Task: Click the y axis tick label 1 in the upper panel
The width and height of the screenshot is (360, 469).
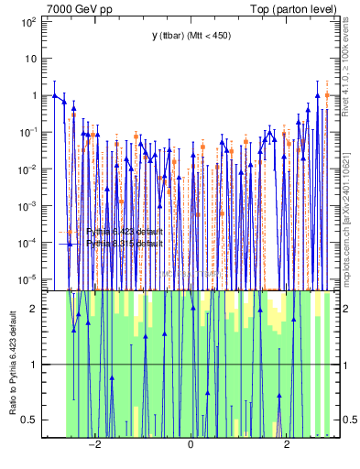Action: (x=33, y=95)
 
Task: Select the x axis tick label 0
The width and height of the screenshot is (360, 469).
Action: (x=191, y=445)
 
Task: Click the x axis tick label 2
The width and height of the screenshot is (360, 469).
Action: (x=287, y=445)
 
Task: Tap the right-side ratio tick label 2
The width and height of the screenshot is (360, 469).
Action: (x=348, y=309)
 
